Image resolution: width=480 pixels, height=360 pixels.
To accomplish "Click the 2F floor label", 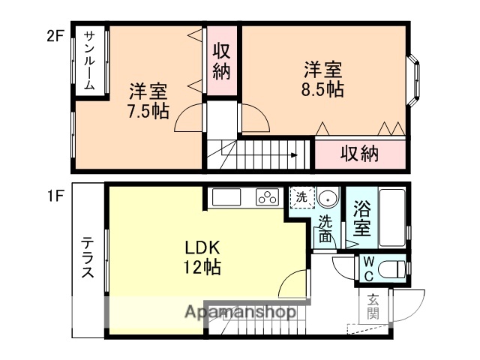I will (56, 35).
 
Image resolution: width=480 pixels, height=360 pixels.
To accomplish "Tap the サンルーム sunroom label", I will (89, 61).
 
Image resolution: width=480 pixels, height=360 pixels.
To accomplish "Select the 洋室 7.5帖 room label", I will (148, 101).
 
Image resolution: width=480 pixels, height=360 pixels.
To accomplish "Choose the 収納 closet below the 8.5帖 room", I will (359, 154).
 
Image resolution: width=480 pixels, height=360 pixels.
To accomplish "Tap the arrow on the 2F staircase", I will (293, 156).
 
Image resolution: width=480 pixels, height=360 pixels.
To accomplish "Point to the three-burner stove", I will (268, 198).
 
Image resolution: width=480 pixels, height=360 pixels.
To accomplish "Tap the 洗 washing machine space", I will (300, 199).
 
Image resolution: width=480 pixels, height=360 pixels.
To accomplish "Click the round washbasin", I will (327, 199).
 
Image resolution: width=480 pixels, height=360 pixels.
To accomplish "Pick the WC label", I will (368, 268).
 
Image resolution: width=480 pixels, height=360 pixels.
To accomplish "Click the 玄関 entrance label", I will (373, 307).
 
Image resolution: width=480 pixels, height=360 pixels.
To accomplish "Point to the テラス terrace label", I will (88, 258).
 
